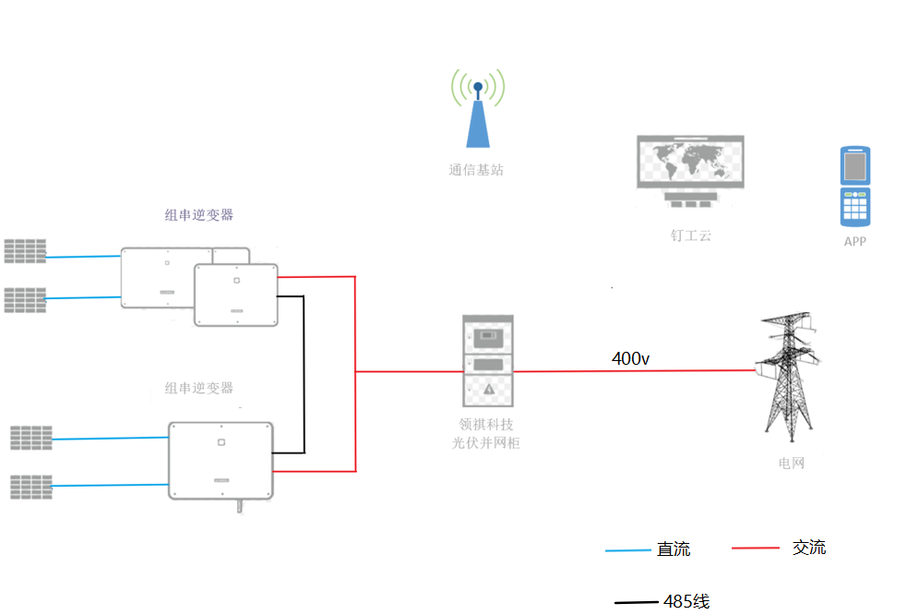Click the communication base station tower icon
(477, 111)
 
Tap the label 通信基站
(476, 170)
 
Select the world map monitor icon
(690, 166)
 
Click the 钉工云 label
(690, 235)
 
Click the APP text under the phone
(855, 241)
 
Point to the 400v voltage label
(631, 358)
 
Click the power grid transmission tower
(787, 374)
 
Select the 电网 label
(791, 463)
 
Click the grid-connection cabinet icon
(488, 361)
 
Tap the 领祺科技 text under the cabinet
(488, 426)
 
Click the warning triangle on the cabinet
(489, 390)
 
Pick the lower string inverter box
(221, 460)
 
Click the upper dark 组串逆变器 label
(199, 215)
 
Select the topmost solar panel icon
(25, 250)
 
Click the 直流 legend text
(673, 549)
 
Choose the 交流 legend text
(809, 548)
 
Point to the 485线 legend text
(686, 601)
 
